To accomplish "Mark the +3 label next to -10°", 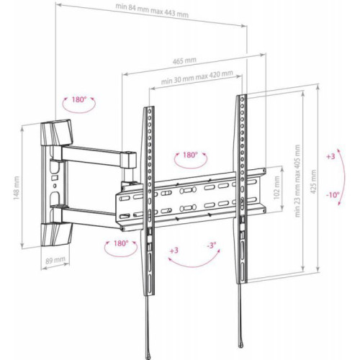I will (x=330, y=156).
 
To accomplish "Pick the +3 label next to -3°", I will (x=173, y=251).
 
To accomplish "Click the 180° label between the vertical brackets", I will (x=189, y=155).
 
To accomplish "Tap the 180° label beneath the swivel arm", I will (x=120, y=243).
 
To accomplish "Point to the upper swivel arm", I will (x=97, y=155).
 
